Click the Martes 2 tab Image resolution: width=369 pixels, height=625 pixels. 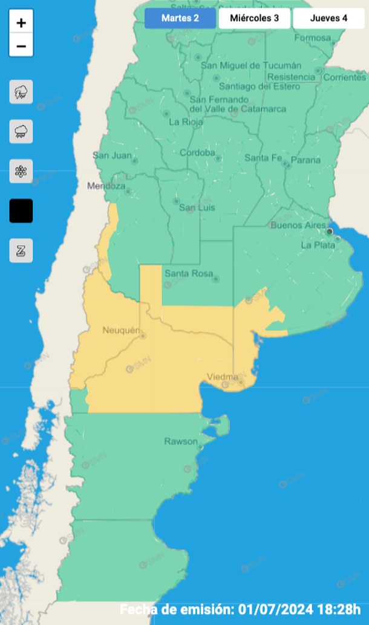[180, 18]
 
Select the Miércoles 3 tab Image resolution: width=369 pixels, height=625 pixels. [254, 18]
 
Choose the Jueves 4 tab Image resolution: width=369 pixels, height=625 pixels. [328, 18]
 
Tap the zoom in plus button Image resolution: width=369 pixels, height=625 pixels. [21, 23]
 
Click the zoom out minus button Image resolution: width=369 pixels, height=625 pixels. [21, 45]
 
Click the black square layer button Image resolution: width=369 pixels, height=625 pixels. [21, 211]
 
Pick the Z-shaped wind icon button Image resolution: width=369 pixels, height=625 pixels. [21, 250]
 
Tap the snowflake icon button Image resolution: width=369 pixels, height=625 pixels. [21, 172]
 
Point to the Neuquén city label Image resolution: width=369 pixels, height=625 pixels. [121, 330]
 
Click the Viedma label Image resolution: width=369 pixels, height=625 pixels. [222, 377]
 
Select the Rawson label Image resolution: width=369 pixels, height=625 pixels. [181, 441]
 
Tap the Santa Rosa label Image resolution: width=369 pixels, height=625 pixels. [189, 274]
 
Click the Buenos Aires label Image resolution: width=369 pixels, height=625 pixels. [298, 225]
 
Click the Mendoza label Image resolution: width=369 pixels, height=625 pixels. [106, 186]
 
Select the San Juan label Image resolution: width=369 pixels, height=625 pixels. [112, 155]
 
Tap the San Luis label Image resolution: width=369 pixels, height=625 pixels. [197, 208]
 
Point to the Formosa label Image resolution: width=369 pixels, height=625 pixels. [313, 37]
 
